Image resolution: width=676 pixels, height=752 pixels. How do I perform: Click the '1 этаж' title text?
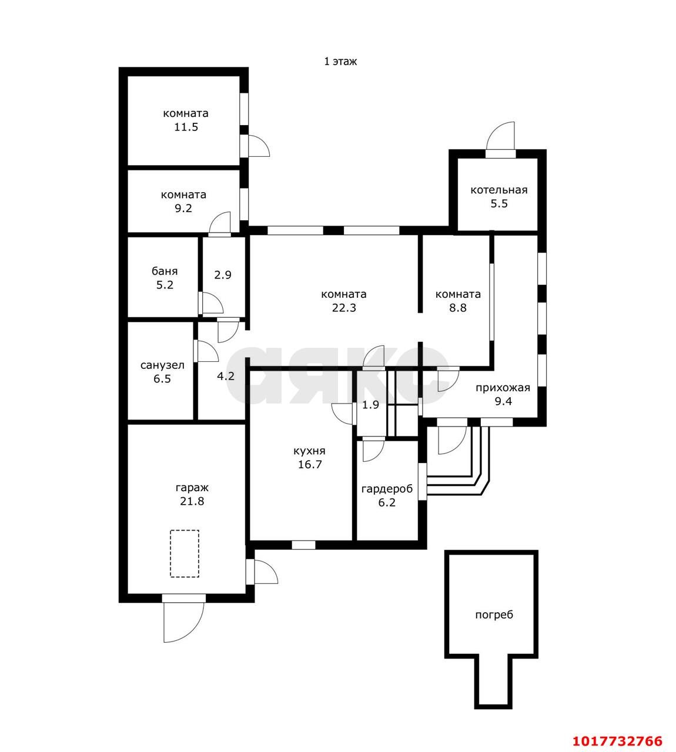click(340, 61)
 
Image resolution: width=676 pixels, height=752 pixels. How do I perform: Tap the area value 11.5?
click(186, 127)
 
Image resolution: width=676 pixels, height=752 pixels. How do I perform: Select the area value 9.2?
click(183, 208)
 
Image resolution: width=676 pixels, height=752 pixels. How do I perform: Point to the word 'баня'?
click(165, 271)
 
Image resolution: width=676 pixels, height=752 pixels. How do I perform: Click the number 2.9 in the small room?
click(223, 275)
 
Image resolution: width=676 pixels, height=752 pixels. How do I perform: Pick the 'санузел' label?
click(162, 365)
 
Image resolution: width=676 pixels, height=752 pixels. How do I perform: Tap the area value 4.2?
click(226, 376)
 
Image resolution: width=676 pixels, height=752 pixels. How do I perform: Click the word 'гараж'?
click(192, 488)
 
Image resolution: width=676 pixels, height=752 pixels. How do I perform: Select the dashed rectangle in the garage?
click(185, 553)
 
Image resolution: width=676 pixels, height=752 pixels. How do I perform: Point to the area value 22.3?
click(344, 308)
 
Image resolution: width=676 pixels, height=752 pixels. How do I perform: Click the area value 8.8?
click(457, 308)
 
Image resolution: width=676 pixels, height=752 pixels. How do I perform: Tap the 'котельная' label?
click(499, 190)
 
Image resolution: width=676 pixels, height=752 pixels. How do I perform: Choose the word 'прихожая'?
click(503, 388)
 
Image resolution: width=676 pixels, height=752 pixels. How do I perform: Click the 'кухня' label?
click(309, 451)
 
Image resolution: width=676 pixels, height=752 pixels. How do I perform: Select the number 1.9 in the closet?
click(371, 405)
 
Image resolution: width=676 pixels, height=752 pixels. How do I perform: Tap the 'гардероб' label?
click(387, 489)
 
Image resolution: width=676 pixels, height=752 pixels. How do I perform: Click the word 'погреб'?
click(494, 615)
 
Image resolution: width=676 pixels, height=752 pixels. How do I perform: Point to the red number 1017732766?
click(617, 731)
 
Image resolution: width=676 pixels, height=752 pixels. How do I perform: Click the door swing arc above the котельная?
click(493, 130)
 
